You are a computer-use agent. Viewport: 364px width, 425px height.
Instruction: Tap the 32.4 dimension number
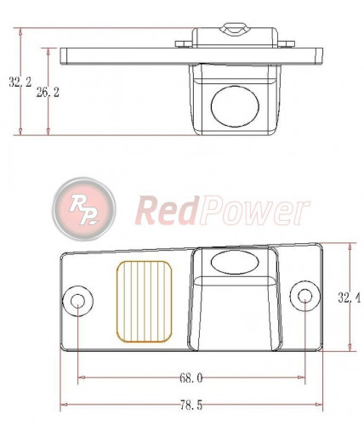point(350,297)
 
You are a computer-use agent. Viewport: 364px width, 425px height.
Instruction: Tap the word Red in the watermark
point(166,209)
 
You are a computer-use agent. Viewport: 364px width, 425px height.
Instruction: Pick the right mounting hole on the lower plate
point(304,297)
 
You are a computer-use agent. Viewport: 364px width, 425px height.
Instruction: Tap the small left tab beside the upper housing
point(183,42)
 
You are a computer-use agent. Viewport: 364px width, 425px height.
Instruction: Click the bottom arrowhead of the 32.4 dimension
point(350,346)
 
